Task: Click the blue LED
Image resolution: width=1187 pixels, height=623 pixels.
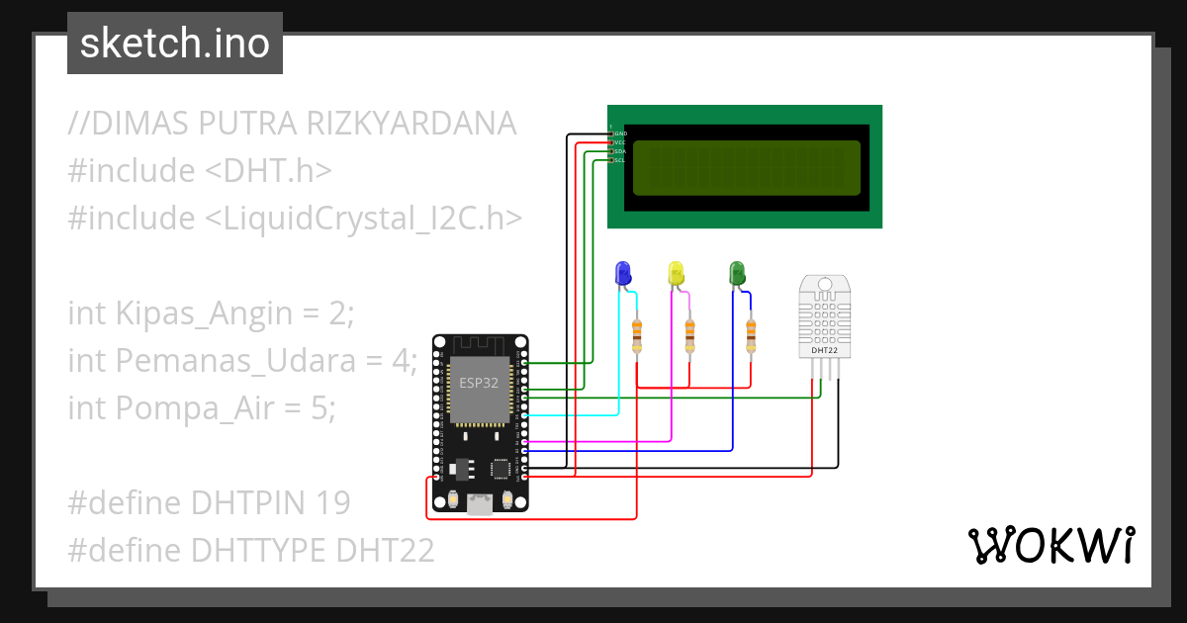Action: point(623,273)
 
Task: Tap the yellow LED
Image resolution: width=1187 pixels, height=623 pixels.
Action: point(677,273)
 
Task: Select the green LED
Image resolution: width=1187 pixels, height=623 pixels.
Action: point(737,273)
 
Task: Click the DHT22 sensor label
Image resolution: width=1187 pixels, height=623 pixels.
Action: point(825,350)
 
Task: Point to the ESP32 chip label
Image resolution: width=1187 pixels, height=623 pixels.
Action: point(479,383)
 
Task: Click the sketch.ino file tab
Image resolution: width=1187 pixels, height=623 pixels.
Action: point(175,44)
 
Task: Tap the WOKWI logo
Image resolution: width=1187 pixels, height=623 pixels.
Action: point(1050,545)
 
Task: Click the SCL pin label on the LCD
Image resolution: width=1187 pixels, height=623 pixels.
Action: point(619,160)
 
